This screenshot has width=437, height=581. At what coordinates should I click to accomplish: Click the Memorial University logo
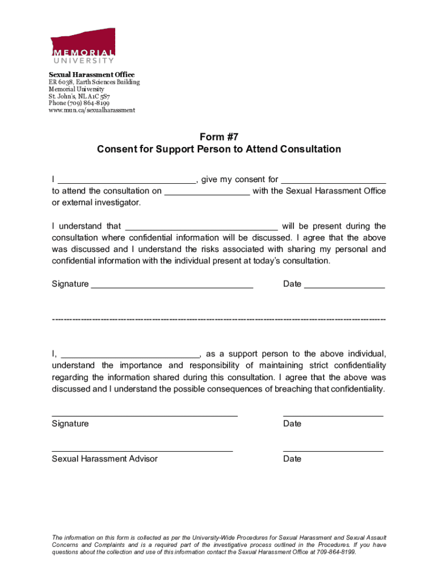click(83, 46)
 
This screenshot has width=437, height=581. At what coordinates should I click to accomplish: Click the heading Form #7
click(218, 136)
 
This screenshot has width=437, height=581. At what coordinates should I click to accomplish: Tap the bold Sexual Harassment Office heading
click(91, 75)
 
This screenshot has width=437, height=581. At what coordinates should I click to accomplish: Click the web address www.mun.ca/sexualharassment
click(91, 110)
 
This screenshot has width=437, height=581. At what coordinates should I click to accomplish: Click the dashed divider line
click(218, 320)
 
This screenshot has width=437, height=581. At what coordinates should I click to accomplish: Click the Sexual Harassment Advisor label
click(104, 458)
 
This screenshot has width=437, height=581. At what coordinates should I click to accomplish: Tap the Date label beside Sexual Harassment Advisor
click(292, 458)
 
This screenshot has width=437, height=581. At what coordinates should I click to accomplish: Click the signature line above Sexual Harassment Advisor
click(142, 451)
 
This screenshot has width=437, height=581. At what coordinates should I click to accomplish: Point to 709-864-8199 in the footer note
click(336, 552)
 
